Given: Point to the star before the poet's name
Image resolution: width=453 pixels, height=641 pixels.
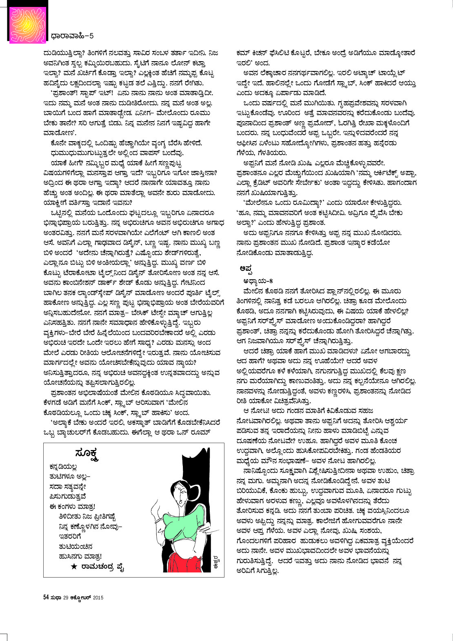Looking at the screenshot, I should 74,566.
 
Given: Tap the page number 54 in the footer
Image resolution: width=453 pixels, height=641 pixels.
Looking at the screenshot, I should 46,597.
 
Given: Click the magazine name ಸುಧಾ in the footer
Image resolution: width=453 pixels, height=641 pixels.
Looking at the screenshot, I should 56,598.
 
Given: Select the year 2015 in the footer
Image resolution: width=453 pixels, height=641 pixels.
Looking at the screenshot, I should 98,598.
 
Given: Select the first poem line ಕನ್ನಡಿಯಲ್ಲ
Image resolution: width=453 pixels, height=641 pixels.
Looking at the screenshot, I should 63,467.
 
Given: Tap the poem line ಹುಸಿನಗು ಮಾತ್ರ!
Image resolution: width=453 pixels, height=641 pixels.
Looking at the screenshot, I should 80,556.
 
